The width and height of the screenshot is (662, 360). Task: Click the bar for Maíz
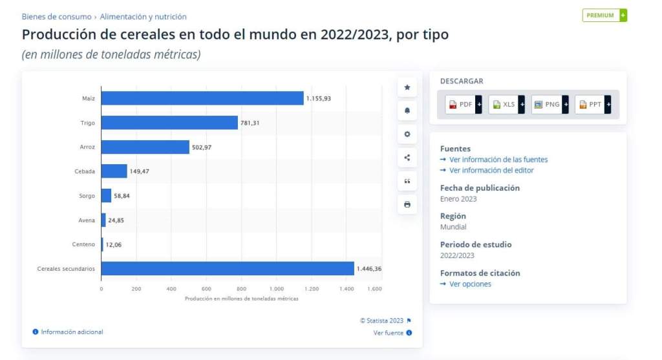[x=202, y=98]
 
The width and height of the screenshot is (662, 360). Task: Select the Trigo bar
[x=169, y=122]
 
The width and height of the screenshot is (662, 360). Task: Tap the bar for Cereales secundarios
[x=228, y=268]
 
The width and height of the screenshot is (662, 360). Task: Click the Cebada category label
[x=85, y=171]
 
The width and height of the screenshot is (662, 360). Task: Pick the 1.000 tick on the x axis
[x=276, y=289]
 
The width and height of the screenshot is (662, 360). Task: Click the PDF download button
[x=461, y=104]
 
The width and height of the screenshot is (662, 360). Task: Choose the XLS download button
[x=504, y=104]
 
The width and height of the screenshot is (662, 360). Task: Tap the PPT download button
[x=590, y=104]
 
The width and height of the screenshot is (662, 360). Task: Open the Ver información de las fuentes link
[x=498, y=160]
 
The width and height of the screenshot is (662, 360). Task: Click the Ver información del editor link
[x=491, y=171]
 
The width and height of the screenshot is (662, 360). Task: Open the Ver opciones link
[x=470, y=284]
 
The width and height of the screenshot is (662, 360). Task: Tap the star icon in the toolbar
[x=407, y=87]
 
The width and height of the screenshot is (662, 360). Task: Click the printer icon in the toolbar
[x=407, y=204]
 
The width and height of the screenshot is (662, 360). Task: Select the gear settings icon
[x=407, y=134]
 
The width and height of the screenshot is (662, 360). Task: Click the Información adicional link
[x=72, y=332]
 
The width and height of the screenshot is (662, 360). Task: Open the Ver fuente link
[x=389, y=333]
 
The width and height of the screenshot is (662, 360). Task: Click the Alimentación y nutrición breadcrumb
[x=143, y=17]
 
